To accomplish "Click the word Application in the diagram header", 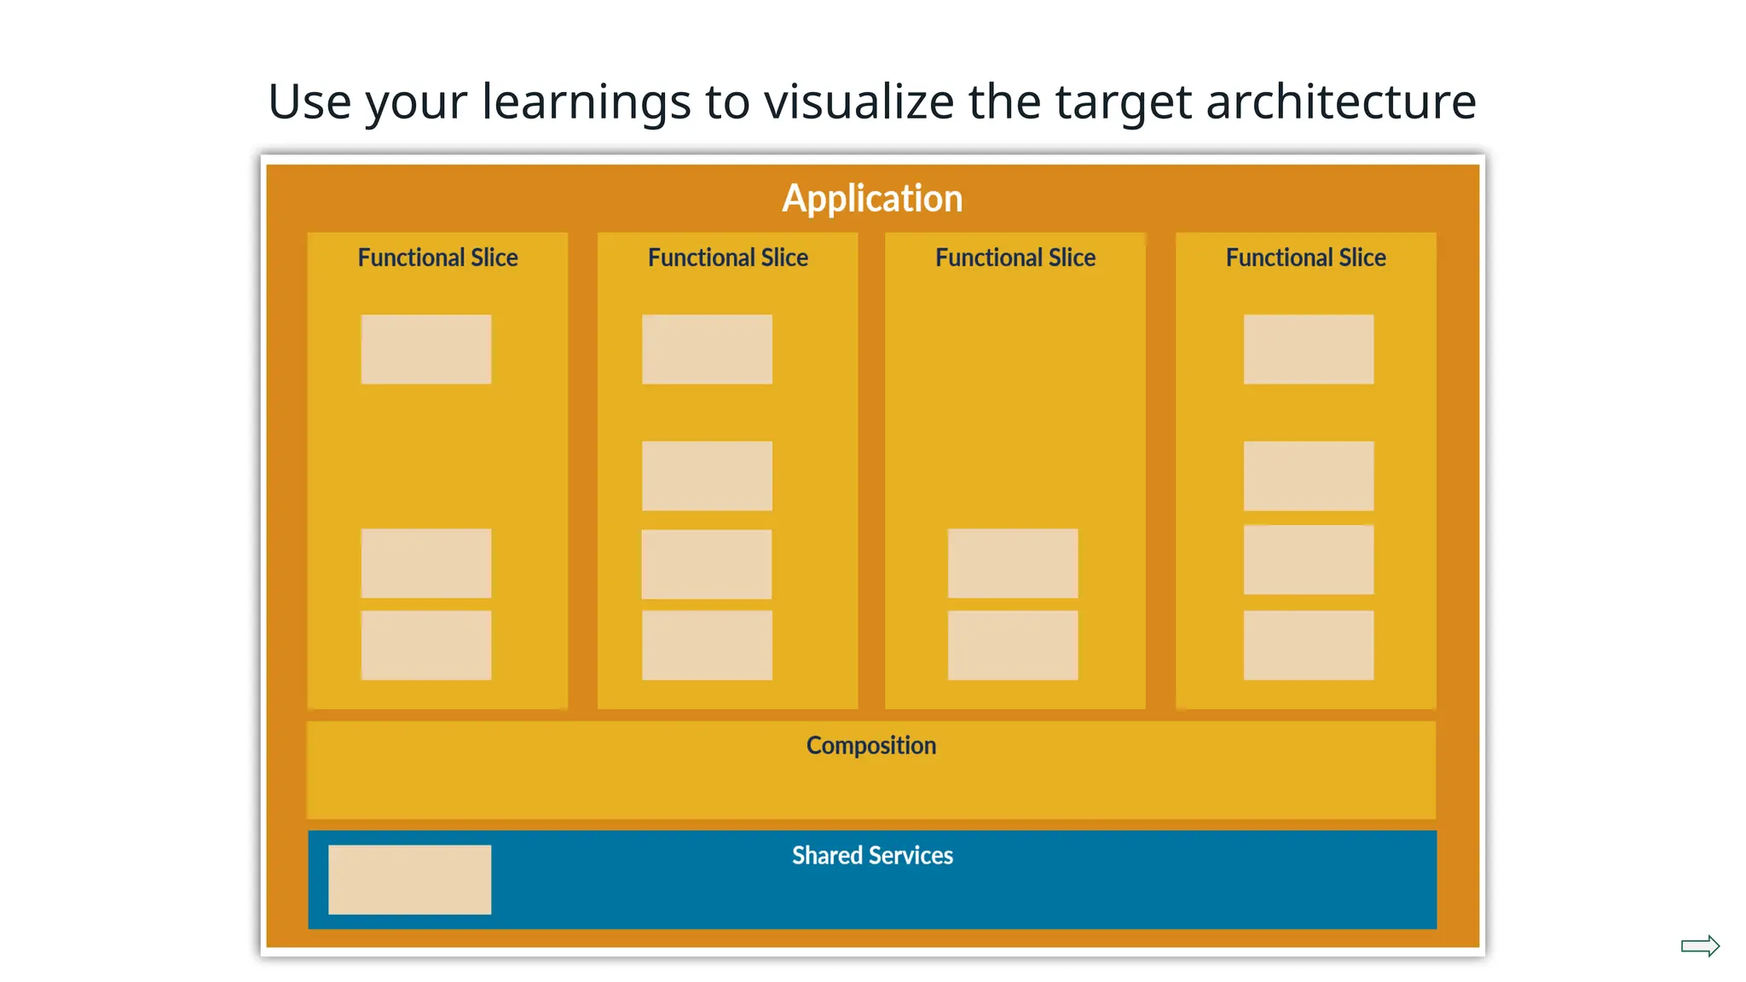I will pos(872,199).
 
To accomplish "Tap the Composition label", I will pos(870,746).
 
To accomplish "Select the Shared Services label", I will pos(872,855).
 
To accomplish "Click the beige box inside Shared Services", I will pos(409,880).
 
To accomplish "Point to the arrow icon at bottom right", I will pos(1700,946).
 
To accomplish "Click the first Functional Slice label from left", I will pos(437,257).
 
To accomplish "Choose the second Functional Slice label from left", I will pos(727,257).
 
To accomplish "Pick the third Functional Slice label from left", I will pos(1015,257).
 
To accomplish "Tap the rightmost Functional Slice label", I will pos(1305,257).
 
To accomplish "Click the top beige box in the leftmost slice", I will pos(425,349).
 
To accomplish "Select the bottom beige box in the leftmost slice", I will pos(425,645).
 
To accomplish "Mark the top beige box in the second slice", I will pos(707,349).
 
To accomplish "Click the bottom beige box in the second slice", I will pos(707,645).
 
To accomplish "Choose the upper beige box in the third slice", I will pos(1013,563).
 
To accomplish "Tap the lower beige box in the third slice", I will pos(1013,645).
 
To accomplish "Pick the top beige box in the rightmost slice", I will pos(1309,349).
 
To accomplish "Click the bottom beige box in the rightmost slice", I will pos(1309,645).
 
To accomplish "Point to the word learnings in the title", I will pos(587,101).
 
